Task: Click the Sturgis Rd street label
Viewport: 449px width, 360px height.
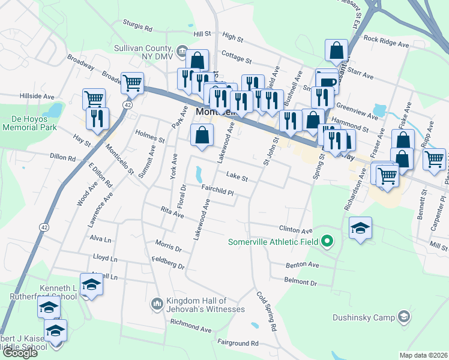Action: click(138, 27)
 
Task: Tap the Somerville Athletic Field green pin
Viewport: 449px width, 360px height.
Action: click(327, 242)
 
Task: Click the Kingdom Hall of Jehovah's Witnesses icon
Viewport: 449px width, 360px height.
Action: click(157, 304)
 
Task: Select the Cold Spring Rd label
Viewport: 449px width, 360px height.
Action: click(267, 312)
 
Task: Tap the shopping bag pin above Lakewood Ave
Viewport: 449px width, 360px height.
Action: click(202, 135)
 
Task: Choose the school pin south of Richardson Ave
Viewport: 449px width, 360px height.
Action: click(360, 228)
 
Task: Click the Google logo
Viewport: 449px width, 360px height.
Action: click(20, 353)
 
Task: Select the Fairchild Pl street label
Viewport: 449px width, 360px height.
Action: click(217, 188)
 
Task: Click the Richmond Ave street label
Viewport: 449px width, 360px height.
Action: click(190, 326)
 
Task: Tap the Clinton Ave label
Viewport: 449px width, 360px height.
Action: click(296, 230)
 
